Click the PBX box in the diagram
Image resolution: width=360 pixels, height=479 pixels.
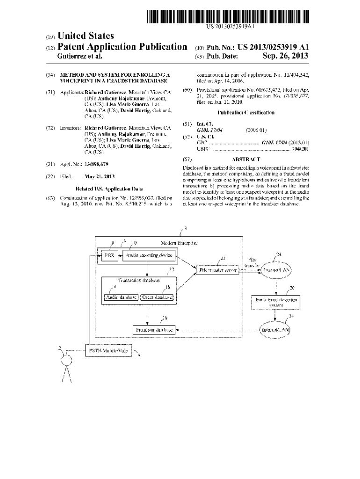108,255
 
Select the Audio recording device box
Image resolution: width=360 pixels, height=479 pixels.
148,255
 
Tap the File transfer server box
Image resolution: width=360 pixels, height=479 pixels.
216,269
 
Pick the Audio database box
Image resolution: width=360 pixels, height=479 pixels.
121,297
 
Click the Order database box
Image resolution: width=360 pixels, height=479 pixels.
157,297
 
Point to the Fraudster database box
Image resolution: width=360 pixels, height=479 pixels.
154,330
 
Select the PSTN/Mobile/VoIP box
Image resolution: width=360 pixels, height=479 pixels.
108,350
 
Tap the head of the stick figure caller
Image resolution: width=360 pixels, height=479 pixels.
66,360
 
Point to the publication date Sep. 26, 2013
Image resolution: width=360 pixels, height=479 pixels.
286,57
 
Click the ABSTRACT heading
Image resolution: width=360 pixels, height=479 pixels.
246,159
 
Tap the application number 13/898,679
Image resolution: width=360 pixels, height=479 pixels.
96,164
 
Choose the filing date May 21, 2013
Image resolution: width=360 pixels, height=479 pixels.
99,176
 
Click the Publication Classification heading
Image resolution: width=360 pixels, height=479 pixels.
246,112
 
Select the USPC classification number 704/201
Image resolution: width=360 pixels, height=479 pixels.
299,149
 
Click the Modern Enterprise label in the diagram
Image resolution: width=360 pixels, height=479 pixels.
179,243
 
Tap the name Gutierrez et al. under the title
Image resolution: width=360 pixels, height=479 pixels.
79,57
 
